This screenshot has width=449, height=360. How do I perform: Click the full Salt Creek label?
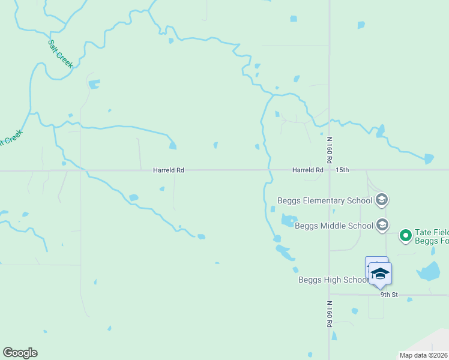pyautogui.click(x=59, y=53)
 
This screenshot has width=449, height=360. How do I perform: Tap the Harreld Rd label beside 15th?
pyautogui.click(x=308, y=170)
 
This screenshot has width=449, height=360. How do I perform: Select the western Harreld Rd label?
pyautogui.click(x=168, y=170)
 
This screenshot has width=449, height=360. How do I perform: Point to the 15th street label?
pyautogui.click(x=342, y=170)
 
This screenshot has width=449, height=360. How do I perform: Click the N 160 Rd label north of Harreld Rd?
pyautogui.click(x=330, y=150)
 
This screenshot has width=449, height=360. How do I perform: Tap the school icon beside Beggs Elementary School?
pyautogui.click(x=382, y=200)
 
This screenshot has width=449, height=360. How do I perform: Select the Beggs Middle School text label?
pyautogui.click(x=334, y=226)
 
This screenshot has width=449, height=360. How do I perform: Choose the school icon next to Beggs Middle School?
pyautogui.click(x=382, y=226)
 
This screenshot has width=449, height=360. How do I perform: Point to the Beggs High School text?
pyautogui.click(x=333, y=280)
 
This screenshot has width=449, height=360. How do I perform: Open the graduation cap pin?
pyautogui.click(x=380, y=272)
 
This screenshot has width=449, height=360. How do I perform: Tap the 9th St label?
pyautogui.click(x=389, y=295)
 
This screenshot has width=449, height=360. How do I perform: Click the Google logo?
pyautogui.click(x=20, y=353)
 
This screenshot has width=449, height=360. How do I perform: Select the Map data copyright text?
pyautogui.click(x=423, y=355)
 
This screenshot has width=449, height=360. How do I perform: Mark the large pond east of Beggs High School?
pyautogui.click(x=429, y=272)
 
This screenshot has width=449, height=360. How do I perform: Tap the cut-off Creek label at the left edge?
pyautogui.click(x=11, y=139)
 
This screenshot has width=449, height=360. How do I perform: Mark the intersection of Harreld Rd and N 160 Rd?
pyautogui.click(x=330, y=170)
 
